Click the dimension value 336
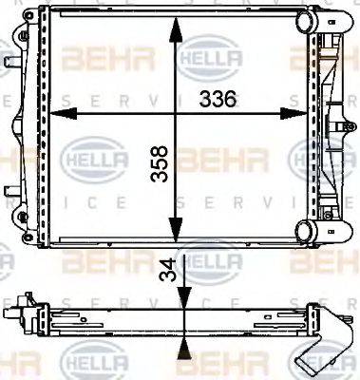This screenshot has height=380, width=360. tap(220, 99)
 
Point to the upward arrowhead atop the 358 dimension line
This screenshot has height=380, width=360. tap(175, 28)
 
